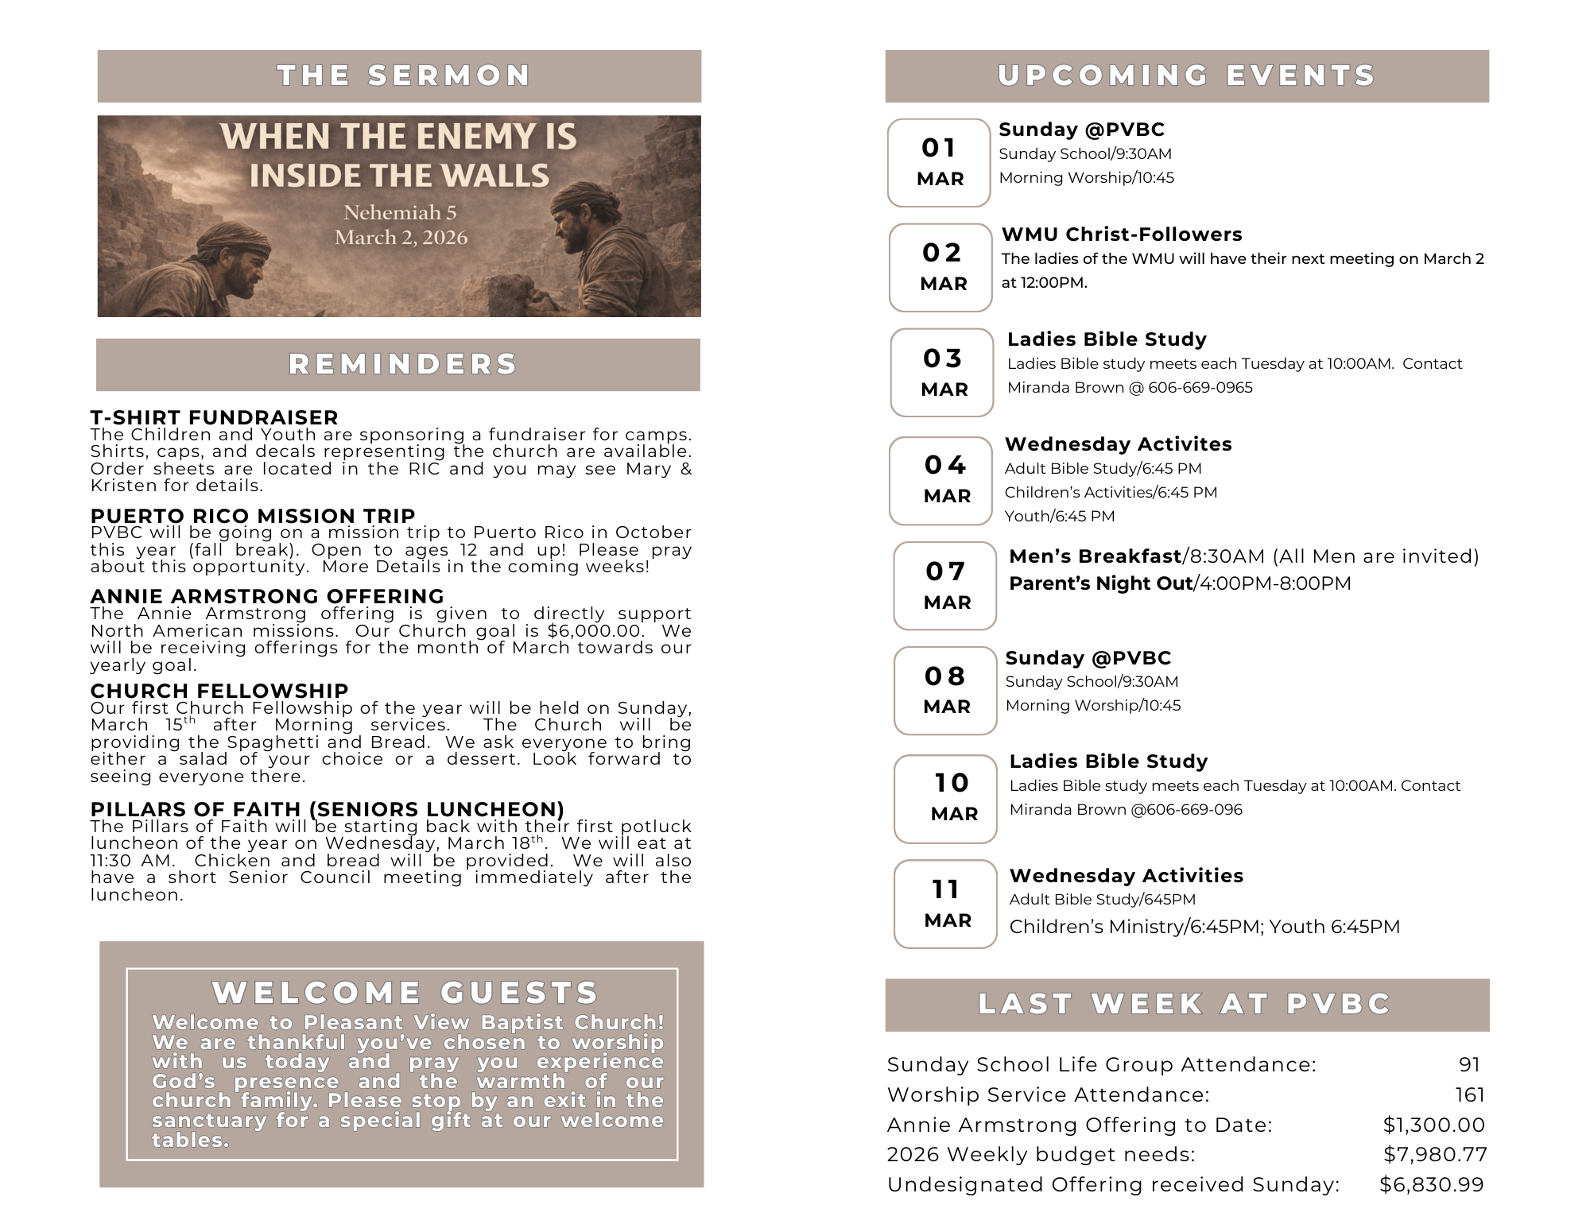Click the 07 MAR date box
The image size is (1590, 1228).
[x=944, y=586]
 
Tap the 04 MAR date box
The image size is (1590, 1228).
[x=940, y=480]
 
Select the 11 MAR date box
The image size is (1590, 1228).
[x=945, y=904]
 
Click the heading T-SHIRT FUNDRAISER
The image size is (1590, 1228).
[x=214, y=417]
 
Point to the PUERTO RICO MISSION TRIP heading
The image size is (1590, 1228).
[x=253, y=516]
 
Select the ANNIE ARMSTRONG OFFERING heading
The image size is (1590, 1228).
[x=267, y=596]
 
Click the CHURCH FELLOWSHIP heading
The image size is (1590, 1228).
[x=219, y=691]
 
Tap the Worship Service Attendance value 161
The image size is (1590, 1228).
[x=1470, y=1094]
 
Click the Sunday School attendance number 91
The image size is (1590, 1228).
[x=1469, y=1064]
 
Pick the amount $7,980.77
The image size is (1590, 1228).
[x=1434, y=1154]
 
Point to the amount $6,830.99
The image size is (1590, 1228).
[x=1431, y=1184]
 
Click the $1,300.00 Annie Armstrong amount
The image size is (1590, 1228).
[x=1433, y=1125]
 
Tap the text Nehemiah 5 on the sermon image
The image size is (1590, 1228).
[x=400, y=212]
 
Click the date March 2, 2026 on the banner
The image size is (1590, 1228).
[x=401, y=238]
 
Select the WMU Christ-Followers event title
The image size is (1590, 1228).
[x=1121, y=234]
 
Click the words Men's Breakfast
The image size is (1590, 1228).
[x=1095, y=556]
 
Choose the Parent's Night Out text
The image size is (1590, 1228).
[x=1100, y=583]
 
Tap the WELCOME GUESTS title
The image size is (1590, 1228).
[x=405, y=993]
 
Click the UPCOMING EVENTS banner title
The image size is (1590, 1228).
[x=1186, y=76]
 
